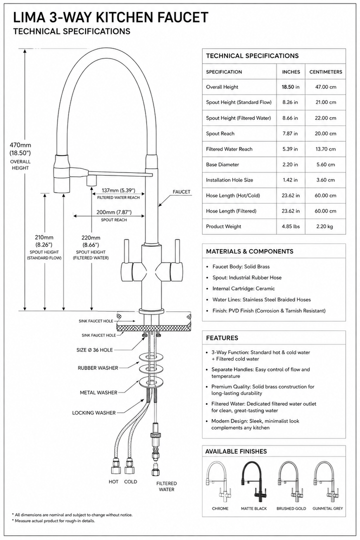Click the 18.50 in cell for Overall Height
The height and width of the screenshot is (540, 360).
pyautogui.click(x=290, y=87)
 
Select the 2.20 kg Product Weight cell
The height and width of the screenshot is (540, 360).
pyautogui.click(x=325, y=226)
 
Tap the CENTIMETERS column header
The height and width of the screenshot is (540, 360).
pyautogui.click(x=325, y=72)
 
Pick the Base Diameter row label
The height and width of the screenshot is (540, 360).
pyautogui.click(x=222, y=164)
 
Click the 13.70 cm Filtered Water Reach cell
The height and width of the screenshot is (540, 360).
pyautogui.click(x=325, y=149)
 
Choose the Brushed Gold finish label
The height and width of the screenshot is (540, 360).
pyautogui.click(x=291, y=508)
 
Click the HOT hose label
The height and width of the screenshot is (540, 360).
pyautogui.click(x=113, y=482)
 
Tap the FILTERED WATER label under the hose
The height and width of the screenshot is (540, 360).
pyautogui.click(x=166, y=486)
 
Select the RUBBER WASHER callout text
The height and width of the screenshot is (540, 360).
pyautogui.click(x=98, y=368)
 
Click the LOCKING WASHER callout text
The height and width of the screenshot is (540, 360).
pyautogui.click(x=93, y=412)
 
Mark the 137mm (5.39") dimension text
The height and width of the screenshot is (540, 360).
pyautogui.click(x=118, y=190)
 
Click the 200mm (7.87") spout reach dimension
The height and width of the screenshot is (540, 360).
pyautogui.click(x=114, y=212)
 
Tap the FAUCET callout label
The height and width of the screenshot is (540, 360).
pyautogui.click(x=181, y=192)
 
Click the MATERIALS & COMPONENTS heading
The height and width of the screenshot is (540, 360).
pyautogui.click(x=250, y=251)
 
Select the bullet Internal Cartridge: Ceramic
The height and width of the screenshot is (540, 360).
pyautogui.click(x=243, y=288)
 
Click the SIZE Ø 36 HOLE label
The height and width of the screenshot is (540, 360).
pyautogui.click(x=94, y=350)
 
